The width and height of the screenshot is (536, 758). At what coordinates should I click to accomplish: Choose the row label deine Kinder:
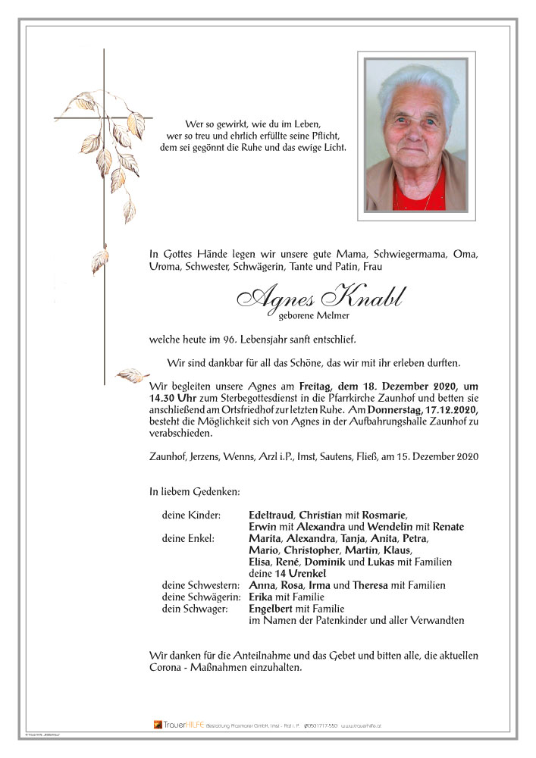pyautogui.click(x=190, y=515)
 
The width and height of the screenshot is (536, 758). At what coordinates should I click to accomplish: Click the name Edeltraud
pyautogui.click(x=272, y=515)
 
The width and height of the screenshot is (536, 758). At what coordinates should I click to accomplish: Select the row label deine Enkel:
pyautogui.click(x=188, y=539)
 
